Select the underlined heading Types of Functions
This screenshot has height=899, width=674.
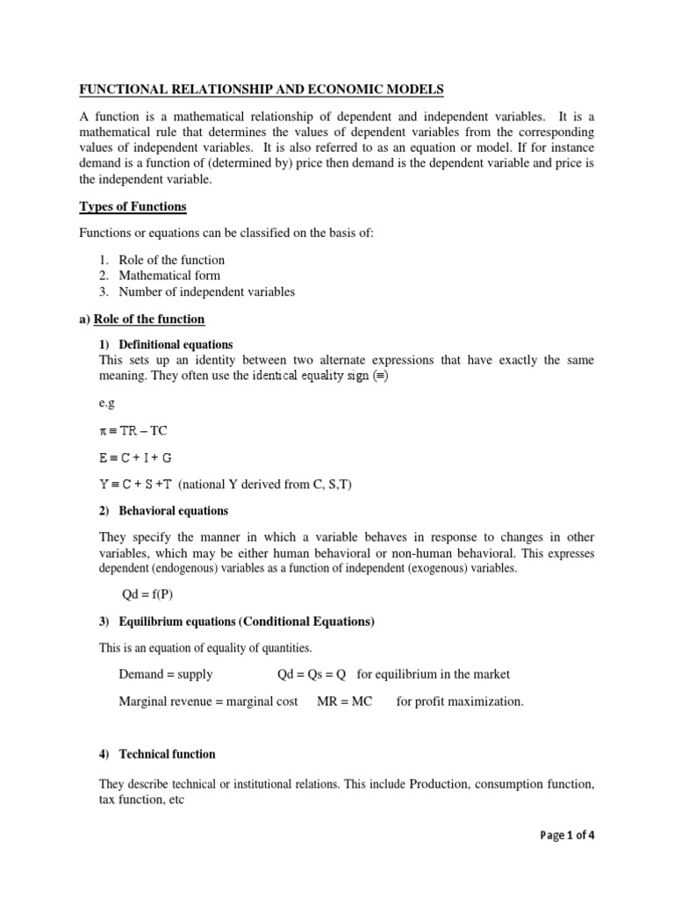click(x=133, y=206)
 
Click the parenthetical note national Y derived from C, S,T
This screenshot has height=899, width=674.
click(x=269, y=485)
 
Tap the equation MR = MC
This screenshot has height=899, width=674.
click(x=345, y=702)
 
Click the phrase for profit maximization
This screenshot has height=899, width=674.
click(x=459, y=702)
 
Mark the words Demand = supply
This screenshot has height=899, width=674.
click(x=166, y=674)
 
